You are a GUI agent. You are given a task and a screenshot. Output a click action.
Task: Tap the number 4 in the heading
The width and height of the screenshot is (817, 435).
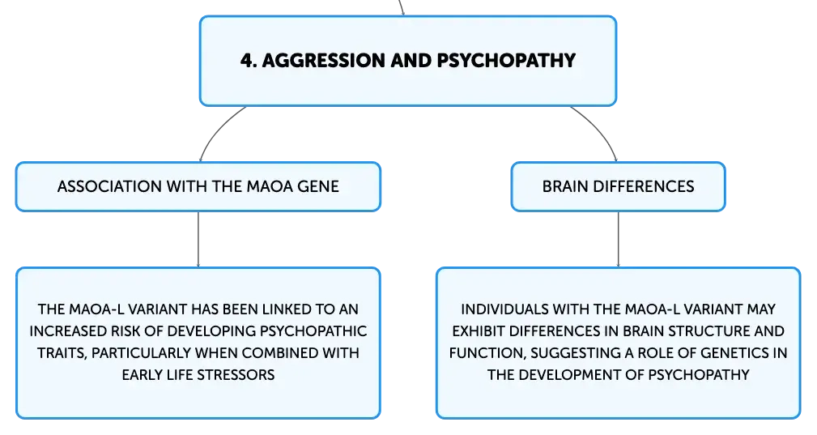[247, 61]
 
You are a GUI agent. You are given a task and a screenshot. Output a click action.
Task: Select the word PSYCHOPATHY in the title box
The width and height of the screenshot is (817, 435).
[506, 61]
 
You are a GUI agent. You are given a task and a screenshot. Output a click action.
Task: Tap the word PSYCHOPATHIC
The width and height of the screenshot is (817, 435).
[313, 331]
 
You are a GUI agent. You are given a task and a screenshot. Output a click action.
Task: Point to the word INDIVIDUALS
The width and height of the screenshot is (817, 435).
[504, 309]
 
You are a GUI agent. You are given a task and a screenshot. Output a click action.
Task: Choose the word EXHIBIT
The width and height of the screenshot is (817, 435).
[479, 331]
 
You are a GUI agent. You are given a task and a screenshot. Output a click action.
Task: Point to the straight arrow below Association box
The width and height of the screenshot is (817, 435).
[198, 240]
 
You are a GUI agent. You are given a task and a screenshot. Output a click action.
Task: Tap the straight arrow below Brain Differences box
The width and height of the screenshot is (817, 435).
[619, 240]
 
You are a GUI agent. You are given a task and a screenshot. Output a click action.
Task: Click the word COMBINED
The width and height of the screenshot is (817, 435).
[280, 353]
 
